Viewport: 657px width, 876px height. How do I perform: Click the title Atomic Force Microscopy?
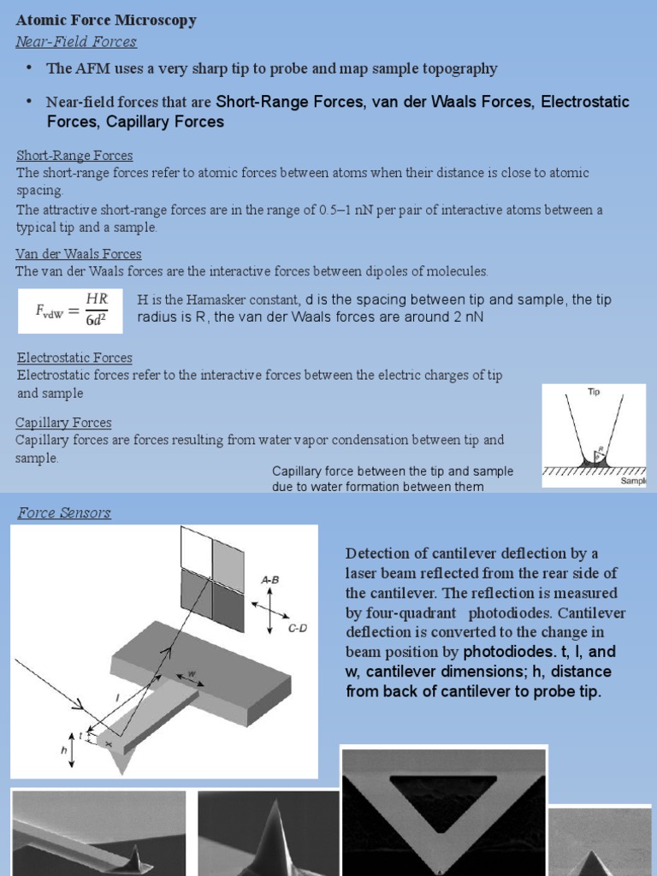tap(106, 21)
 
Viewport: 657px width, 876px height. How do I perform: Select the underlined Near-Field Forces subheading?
tap(76, 42)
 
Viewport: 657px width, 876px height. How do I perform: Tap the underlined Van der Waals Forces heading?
tap(79, 254)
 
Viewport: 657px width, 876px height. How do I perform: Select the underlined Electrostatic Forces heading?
tap(74, 358)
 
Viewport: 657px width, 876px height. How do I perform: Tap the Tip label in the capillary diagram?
tap(594, 392)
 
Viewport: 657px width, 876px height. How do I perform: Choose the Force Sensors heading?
tap(64, 513)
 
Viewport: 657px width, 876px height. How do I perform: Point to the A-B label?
tap(271, 579)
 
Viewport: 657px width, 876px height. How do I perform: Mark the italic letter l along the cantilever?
tap(118, 698)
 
